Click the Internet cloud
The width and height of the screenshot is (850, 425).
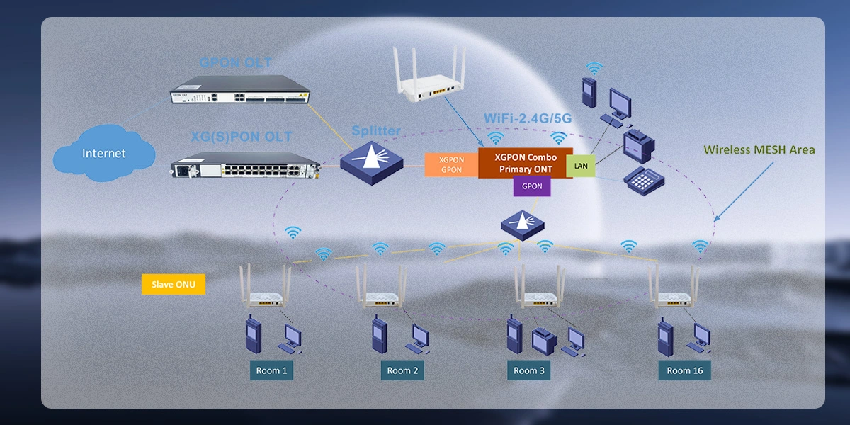104,152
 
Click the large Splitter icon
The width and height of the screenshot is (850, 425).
371,159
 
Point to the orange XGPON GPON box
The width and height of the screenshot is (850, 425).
451,165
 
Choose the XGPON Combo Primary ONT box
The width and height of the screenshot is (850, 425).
525,164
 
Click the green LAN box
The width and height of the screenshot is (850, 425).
581,165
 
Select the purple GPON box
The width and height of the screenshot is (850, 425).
532,186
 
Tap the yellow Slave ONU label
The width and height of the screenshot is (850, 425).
174,285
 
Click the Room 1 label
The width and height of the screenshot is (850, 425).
272,370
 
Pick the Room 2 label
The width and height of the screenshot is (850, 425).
402,370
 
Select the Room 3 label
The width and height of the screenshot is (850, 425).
530,370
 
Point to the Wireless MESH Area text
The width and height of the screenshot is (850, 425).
759,149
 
